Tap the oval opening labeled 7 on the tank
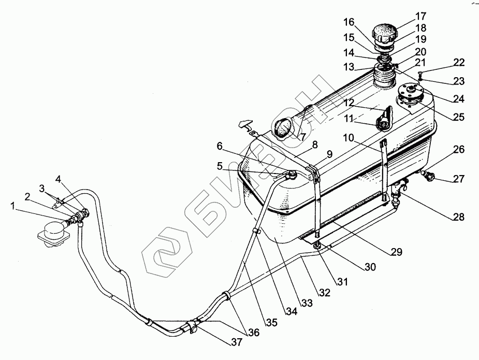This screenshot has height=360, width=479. tap(283, 128)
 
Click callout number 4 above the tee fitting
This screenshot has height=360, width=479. tap(58, 180)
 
